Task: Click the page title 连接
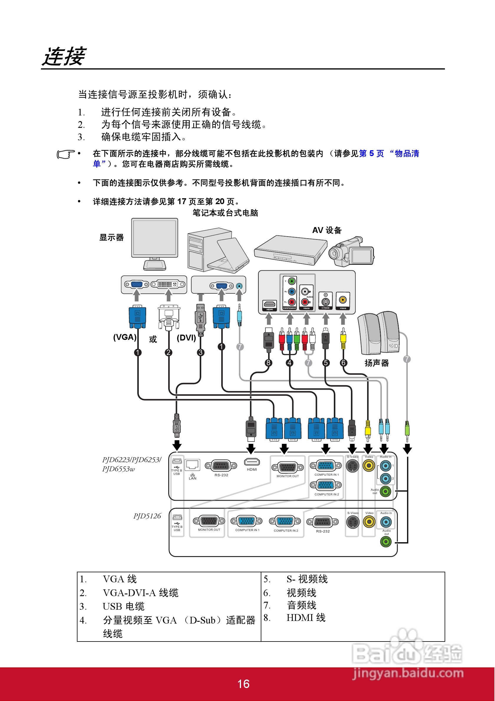point(64,57)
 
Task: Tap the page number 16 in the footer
point(243,684)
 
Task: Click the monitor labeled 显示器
point(154,243)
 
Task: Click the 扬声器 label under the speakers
point(377,363)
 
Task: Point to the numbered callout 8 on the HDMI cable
point(268,363)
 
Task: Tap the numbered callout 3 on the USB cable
point(200,352)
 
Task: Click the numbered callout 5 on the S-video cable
point(326,363)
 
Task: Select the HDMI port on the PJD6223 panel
point(252,462)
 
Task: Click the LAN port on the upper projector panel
point(193,465)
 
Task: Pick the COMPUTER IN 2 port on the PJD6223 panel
point(326,485)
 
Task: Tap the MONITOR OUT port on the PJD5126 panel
point(209,521)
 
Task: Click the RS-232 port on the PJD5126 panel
point(322,522)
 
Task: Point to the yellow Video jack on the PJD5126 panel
point(369,522)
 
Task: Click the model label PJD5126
point(147,516)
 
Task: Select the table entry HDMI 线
point(306,618)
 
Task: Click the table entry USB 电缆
point(123,606)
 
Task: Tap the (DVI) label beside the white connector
point(186,338)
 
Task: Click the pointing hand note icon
point(65,155)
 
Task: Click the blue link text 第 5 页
point(371,153)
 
